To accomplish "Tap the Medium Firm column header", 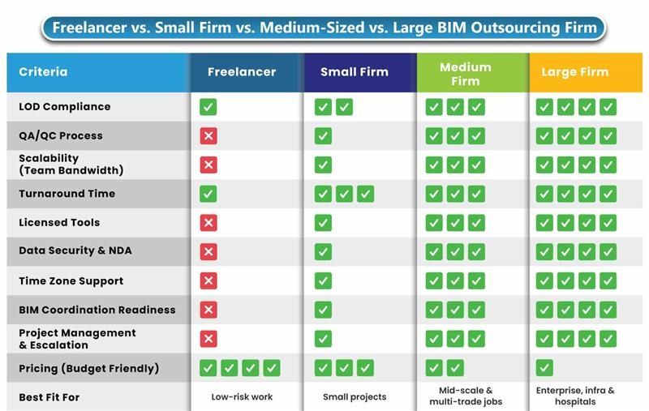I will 466,73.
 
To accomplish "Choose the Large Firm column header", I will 576,72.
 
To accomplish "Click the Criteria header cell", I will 43,72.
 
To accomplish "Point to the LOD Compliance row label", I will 64,107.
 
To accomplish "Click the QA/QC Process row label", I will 60,135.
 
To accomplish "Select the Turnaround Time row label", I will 67,194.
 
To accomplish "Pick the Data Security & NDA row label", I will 75,251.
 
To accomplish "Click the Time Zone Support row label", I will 71,280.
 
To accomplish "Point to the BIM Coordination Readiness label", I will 97,310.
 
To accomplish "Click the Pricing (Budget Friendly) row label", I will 88,368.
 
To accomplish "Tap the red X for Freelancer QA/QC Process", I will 208,135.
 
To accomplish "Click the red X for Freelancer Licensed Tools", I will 208,222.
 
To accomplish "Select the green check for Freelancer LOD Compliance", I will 208,107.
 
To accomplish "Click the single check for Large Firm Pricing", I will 544,368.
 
